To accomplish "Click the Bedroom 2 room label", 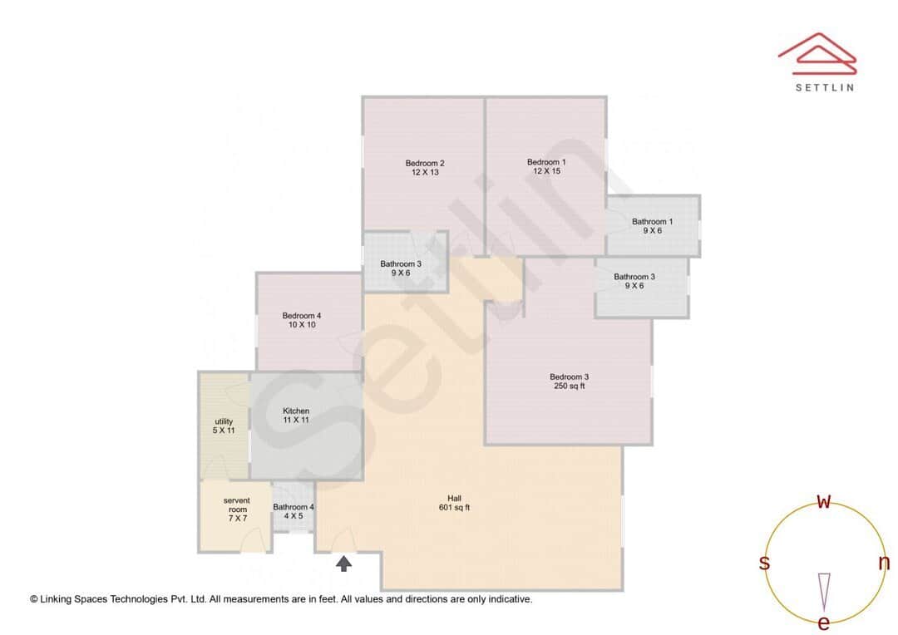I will point(424,163).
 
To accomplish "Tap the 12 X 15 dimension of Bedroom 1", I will point(546,171).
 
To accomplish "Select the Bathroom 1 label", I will point(652,222).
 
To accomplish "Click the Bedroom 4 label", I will point(301,316).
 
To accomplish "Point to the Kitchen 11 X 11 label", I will point(296,416).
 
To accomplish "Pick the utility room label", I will point(224,421).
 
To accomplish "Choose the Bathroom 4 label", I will point(294,507).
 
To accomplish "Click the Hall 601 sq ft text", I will point(454,503).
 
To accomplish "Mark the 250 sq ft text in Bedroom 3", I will point(569,386).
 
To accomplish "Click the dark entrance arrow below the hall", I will point(343,564).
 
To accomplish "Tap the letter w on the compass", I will point(824,501).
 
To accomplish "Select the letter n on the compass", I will point(884,563).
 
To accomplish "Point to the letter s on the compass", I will point(764,563).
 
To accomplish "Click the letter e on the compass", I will point(824,623).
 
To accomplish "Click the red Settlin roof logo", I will point(817,53).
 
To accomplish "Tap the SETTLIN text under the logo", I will point(824,86).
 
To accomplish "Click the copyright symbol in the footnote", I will point(34,598).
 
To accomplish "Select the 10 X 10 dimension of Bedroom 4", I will point(301,325).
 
